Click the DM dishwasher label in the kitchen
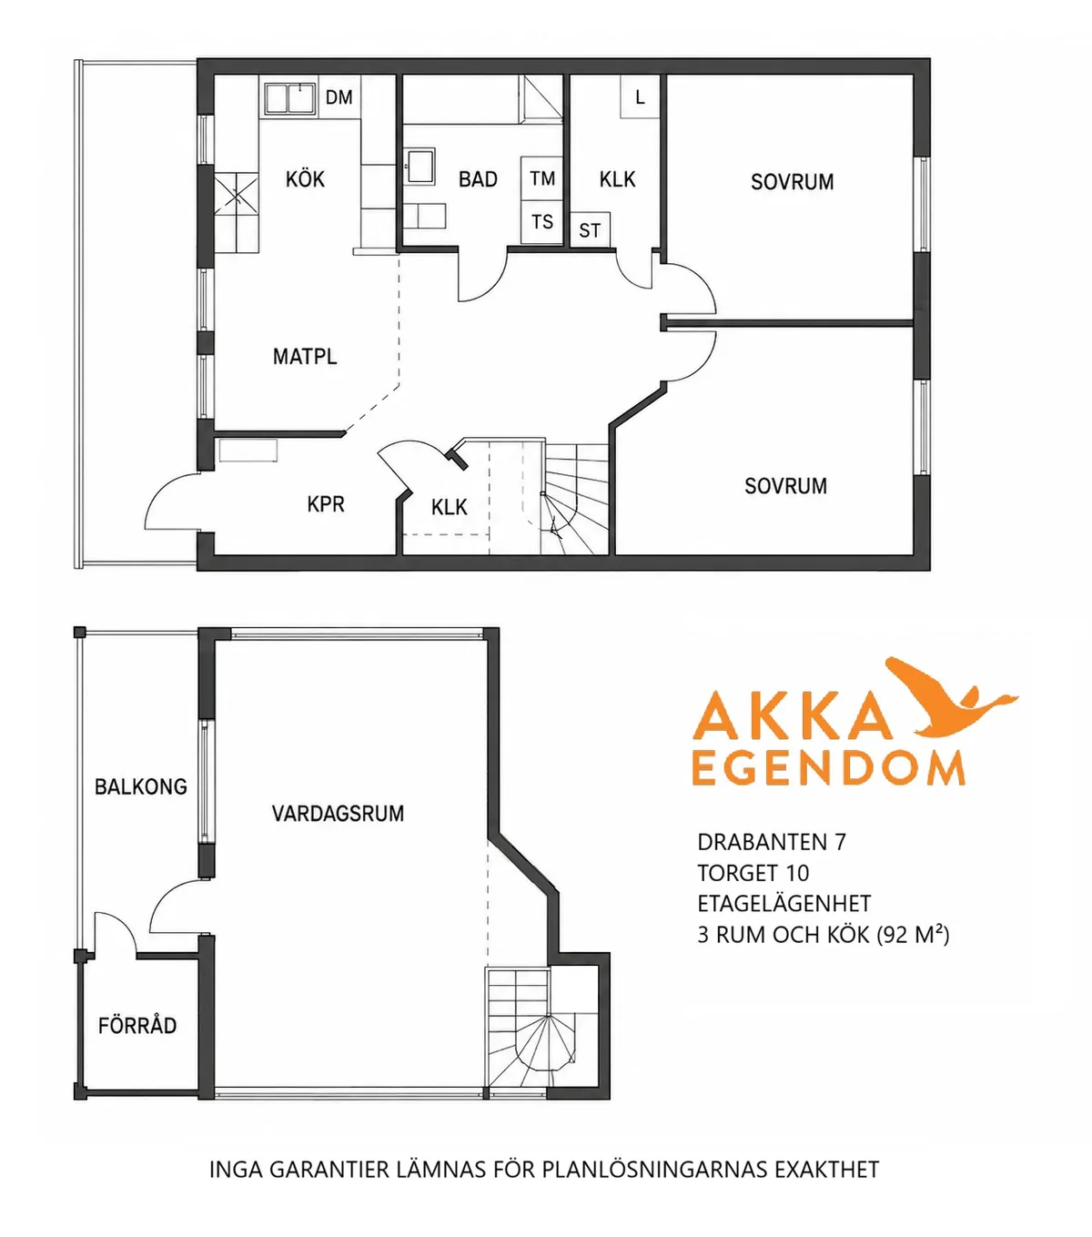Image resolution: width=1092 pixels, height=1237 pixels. pos(339,97)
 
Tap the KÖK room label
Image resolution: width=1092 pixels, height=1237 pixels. pos(305,179)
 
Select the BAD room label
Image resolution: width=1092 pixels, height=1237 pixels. pos(478,179)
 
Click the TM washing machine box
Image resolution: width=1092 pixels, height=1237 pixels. pos(542,178)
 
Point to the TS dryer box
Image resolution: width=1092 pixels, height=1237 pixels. pos(542,222)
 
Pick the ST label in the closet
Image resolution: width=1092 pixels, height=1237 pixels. pos(590,231)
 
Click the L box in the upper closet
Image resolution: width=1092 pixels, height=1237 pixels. pos(641,96)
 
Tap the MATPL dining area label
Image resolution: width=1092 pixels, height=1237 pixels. pos(305,357)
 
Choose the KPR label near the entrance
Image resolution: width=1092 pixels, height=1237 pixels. pos(326,504)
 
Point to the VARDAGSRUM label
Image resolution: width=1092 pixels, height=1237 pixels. pos(338,814)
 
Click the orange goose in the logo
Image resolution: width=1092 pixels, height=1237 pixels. pos(951,696)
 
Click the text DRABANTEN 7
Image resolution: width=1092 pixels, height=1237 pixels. pos(773,843)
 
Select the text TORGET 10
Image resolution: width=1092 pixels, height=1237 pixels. pos(753,874)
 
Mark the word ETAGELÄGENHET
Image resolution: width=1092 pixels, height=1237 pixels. pos(784,904)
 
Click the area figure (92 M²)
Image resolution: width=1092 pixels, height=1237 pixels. pos(913,935)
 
